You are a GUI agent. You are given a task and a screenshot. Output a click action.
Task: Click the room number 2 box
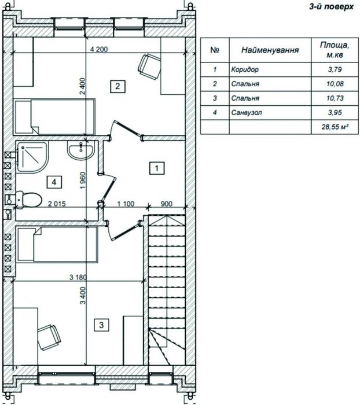coord(117,86)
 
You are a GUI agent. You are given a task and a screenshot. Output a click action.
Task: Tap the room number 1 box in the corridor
coord(157,168)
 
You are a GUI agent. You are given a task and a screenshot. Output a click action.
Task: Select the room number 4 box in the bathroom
coord(54,182)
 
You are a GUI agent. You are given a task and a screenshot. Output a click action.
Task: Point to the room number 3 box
coord(101,325)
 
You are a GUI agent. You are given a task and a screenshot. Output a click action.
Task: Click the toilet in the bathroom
coord(29,200)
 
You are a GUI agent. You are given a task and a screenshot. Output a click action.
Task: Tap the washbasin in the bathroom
coord(81,150)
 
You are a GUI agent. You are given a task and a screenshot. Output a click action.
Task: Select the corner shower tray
coord(32,157)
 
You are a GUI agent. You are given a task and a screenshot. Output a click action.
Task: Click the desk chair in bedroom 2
coord(149,67)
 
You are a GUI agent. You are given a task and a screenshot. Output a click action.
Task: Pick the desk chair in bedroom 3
coord(49,337)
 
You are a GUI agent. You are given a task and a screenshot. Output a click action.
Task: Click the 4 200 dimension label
coord(99,49)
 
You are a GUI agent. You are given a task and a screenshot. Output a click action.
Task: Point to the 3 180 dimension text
coord(78,277)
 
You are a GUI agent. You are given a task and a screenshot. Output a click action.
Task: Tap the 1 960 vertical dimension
coord(83,181)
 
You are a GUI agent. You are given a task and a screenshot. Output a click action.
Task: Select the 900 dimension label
coord(167,204)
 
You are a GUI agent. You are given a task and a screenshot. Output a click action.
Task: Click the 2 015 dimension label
coord(57,204)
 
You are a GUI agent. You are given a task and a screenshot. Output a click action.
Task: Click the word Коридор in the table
coord(245,69)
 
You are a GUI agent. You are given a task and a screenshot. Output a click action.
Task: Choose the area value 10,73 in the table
coord(335,98)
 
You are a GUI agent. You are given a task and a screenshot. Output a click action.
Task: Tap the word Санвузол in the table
coord(247,113)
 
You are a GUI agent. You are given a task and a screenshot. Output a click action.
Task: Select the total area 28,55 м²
coord(335,127)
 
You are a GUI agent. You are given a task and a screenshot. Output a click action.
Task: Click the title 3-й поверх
coord(331,6)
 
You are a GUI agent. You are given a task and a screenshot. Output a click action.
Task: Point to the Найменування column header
coord(270,50)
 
